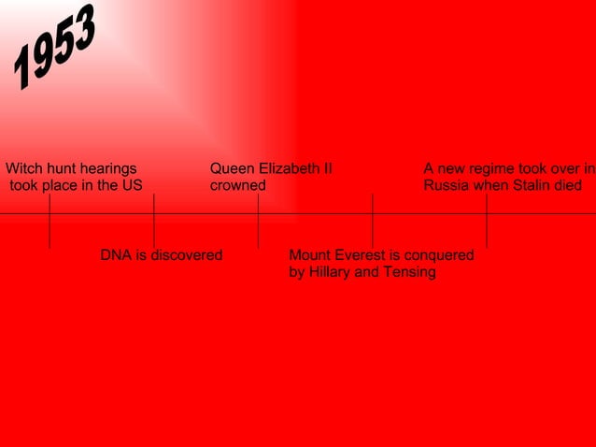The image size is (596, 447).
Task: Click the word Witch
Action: coord(25,169)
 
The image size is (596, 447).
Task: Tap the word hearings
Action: coord(107,169)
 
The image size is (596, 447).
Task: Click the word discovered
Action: coord(186,255)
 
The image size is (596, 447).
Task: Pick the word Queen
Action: coord(231,169)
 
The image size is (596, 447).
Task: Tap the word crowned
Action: coord(237,186)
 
